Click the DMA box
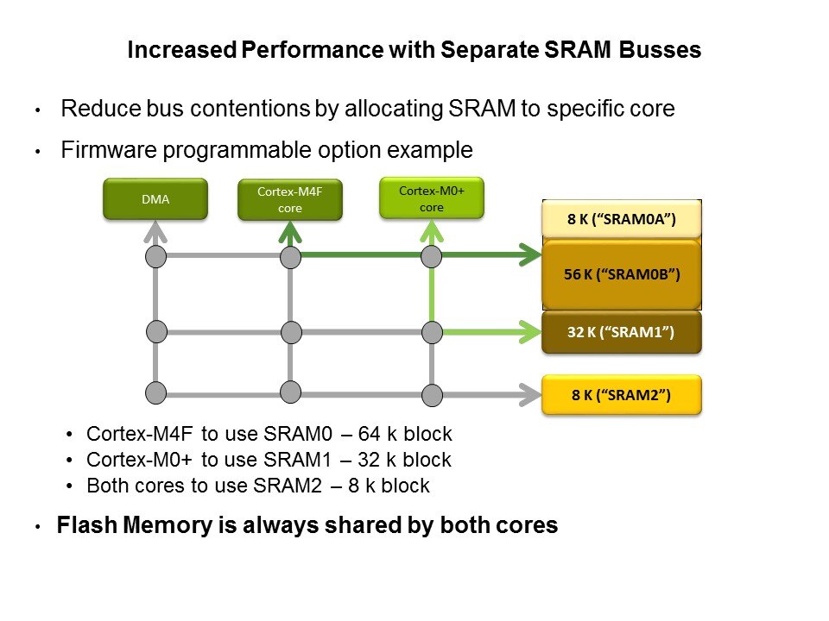point(155,198)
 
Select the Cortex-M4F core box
point(290,198)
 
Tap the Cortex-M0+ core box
point(432,198)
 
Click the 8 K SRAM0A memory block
point(621,219)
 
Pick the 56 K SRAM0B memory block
point(621,275)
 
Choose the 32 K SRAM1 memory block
point(621,332)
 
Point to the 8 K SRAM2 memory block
point(621,396)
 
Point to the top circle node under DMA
point(155,256)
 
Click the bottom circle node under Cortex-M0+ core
point(432,395)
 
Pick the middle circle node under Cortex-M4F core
point(290,331)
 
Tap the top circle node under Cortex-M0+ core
point(432,256)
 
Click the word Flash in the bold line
point(81,525)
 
